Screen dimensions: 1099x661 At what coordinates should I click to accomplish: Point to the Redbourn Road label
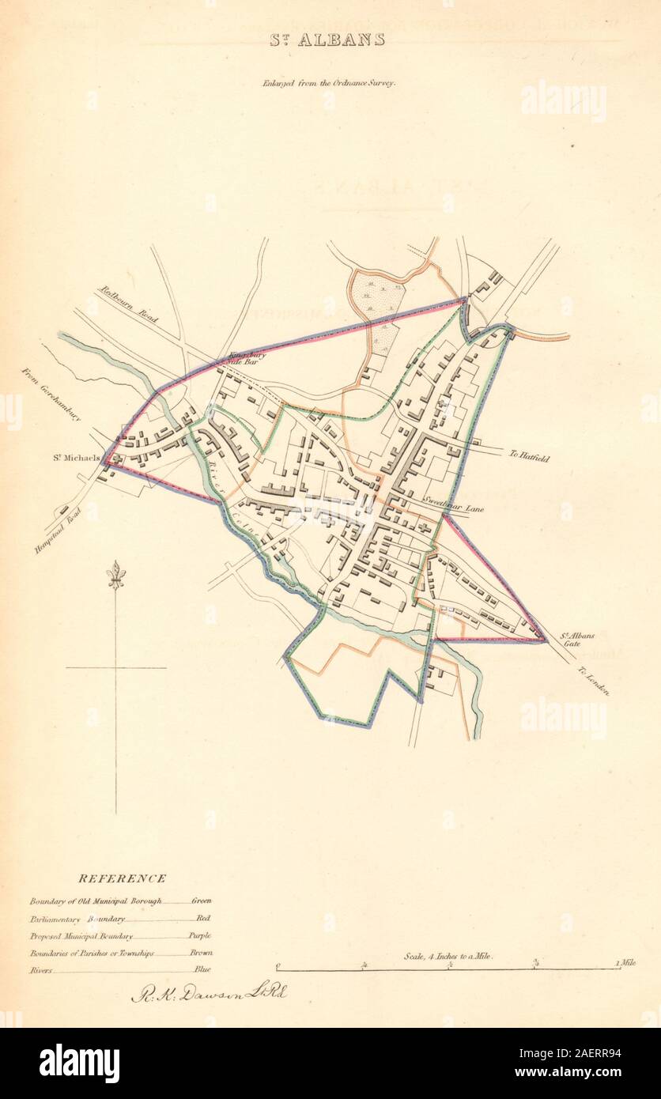(x=128, y=304)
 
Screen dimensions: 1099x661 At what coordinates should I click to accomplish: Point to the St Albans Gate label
(x=571, y=639)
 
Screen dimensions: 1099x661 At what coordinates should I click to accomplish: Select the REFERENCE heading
(x=122, y=878)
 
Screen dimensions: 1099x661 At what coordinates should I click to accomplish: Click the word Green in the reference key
(x=202, y=901)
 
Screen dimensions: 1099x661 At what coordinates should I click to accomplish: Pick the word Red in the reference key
(x=204, y=918)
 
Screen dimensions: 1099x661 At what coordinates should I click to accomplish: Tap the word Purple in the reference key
(x=201, y=935)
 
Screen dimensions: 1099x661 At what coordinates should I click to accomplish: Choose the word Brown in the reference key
(x=201, y=953)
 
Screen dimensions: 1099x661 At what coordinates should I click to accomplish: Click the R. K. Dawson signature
(x=209, y=993)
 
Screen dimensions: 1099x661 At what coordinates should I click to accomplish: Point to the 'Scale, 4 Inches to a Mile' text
(x=448, y=956)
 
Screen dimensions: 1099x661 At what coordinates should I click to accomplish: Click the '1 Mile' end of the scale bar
(x=626, y=964)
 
